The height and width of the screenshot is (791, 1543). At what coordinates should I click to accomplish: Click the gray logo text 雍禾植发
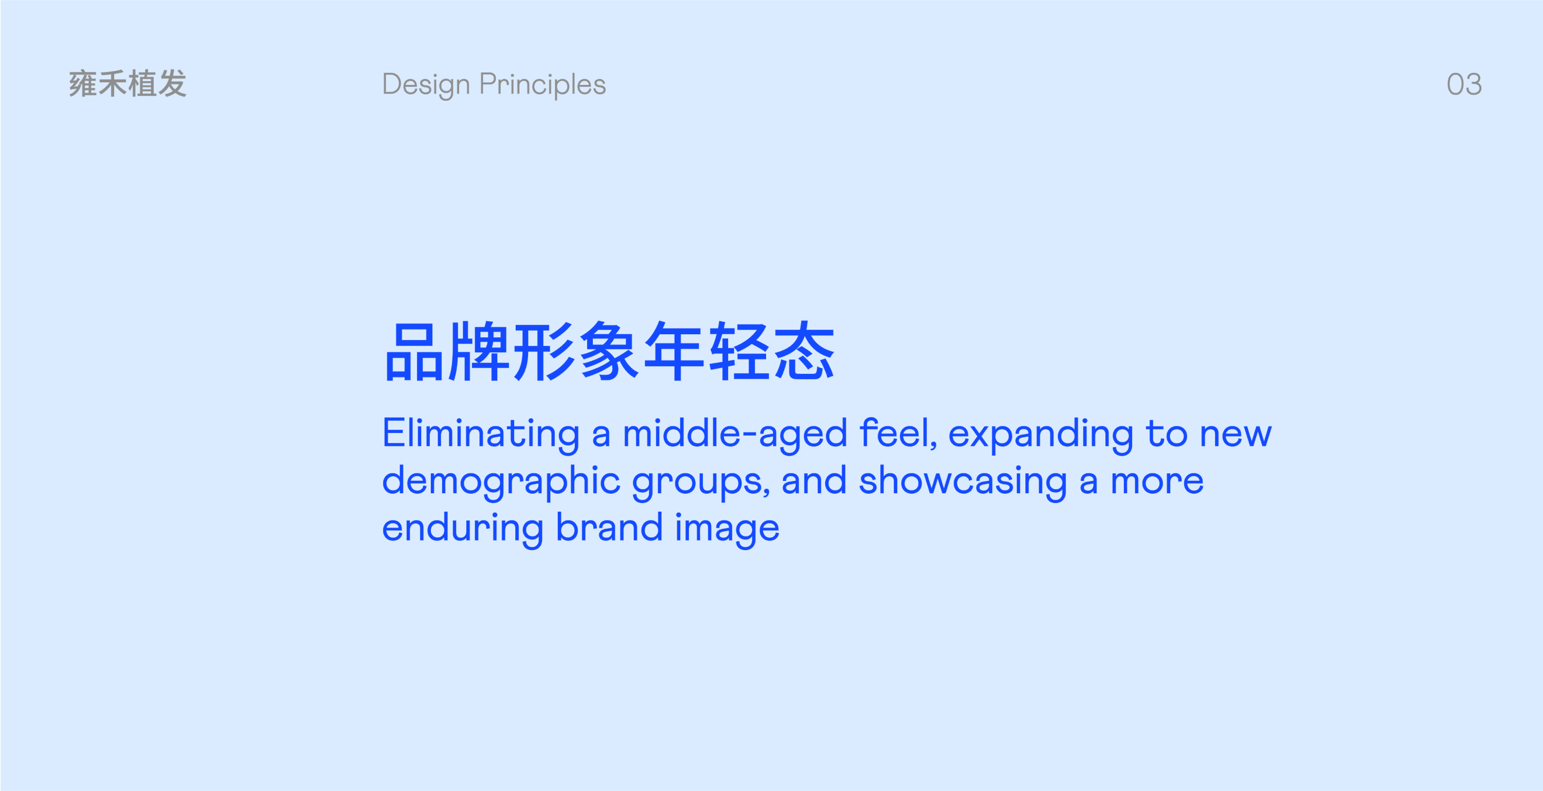(128, 83)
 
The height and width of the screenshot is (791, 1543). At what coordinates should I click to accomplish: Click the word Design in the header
(426, 85)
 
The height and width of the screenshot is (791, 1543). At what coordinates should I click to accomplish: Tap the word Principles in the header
(542, 85)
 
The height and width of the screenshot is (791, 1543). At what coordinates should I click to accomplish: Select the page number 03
(1464, 84)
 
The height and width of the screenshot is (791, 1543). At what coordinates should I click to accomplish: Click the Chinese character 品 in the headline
(414, 352)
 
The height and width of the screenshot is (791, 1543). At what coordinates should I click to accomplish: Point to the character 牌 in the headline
(479, 352)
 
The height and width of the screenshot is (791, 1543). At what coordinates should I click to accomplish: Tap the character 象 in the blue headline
(609, 352)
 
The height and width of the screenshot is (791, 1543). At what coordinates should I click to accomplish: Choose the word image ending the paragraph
(727, 530)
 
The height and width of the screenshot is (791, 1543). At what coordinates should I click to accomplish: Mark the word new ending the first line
(1235, 435)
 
